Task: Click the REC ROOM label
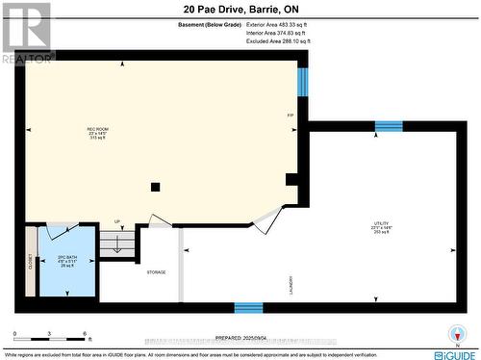tap(98, 129)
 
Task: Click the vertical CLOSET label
tap(31, 261)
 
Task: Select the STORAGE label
tap(157, 272)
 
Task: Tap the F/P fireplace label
tap(290, 116)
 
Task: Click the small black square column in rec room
tap(153, 187)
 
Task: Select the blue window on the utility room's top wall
tap(389, 126)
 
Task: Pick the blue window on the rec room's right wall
tap(302, 83)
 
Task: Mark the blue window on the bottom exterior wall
tap(248, 308)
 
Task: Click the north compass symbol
tap(457, 337)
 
